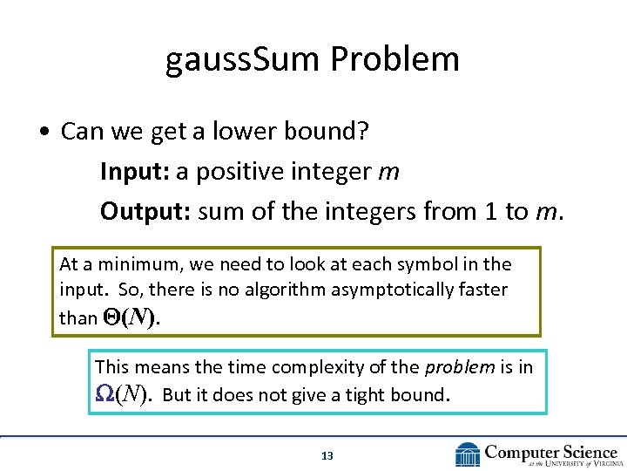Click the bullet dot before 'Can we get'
click(x=43, y=133)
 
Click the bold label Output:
click(x=145, y=211)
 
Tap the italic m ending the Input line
click(x=389, y=173)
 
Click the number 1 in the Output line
click(x=491, y=211)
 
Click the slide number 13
click(x=327, y=455)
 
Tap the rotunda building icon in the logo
click(x=469, y=454)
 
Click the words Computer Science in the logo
click(x=550, y=451)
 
